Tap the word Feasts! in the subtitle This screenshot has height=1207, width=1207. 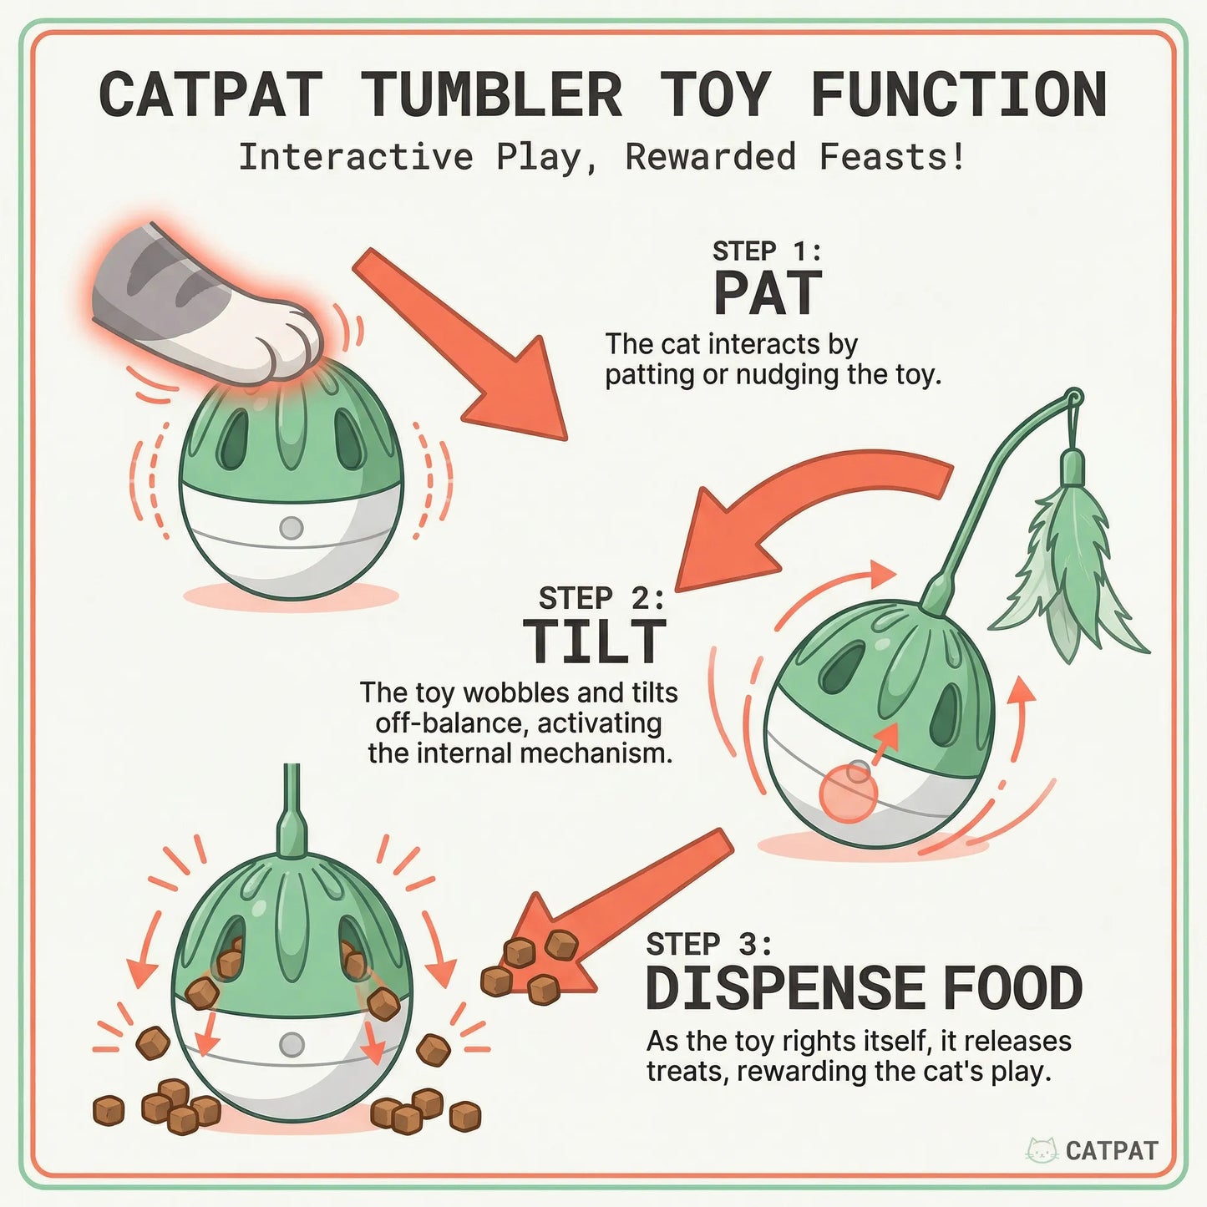point(891,157)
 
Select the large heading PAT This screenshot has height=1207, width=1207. point(768,294)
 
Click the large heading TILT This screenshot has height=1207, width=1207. point(595,642)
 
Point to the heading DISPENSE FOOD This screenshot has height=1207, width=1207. point(864,988)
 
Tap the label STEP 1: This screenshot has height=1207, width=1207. point(767,251)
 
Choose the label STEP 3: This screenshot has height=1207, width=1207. point(708,944)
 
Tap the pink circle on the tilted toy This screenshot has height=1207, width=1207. point(848,795)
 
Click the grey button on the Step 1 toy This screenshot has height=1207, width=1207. point(291,528)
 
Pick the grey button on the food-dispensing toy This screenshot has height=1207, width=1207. point(292,1044)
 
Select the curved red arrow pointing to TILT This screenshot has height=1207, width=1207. point(802,510)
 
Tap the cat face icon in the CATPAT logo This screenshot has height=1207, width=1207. point(1042,1150)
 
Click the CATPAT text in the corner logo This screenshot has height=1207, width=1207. point(1112,1151)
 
